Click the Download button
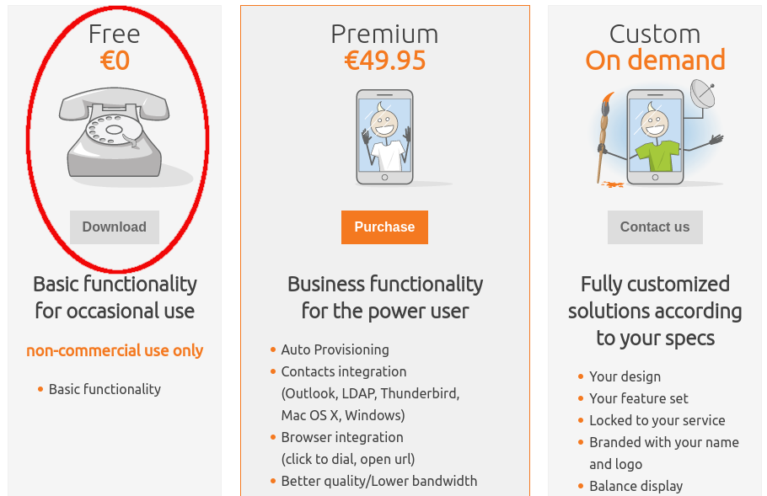pos(115,227)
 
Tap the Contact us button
pos(655,227)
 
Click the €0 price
pos(115,61)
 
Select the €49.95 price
pos(385,61)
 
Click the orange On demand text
pos(655,61)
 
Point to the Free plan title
pos(115,34)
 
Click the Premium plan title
pos(385,34)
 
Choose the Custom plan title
pos(655,34)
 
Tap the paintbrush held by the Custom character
pos(603,135)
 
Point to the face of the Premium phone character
pos(385,123)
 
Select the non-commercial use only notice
pos(115,350)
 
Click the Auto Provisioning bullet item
pos(335,349)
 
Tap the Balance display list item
pos(636,486)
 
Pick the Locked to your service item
pos(657,420)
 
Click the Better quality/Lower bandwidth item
pos(378,481)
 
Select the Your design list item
pos(625,376)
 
